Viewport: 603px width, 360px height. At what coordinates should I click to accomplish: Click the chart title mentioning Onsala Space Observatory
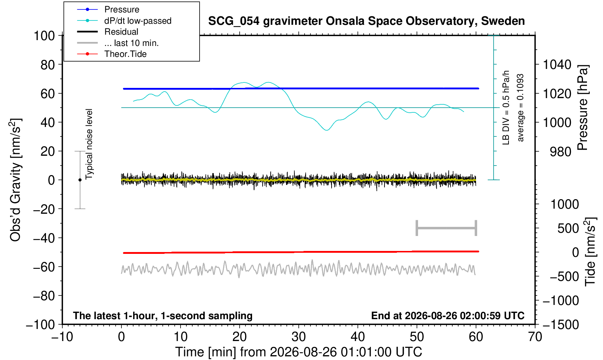[366, 21]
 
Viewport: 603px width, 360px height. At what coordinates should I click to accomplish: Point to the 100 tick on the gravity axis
[44, 36]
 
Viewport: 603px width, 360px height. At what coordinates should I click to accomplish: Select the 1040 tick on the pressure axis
[557, 65]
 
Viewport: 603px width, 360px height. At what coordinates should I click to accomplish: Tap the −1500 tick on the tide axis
[561, 325]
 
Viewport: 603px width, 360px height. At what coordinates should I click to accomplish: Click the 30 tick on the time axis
[298, 337]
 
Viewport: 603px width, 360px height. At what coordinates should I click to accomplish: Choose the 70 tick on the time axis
[535, 337]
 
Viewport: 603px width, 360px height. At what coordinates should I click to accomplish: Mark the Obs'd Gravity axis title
[15, 180]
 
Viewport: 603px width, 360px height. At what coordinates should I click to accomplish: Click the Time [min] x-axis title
[298, 352]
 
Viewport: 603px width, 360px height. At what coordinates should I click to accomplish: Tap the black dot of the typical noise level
[80, 180]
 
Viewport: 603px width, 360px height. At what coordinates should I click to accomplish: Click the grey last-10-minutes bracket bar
[447, 228]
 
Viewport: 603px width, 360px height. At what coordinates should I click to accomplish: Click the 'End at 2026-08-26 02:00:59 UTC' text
[448, 316]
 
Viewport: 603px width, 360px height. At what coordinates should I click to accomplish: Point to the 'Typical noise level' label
[89, 144]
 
